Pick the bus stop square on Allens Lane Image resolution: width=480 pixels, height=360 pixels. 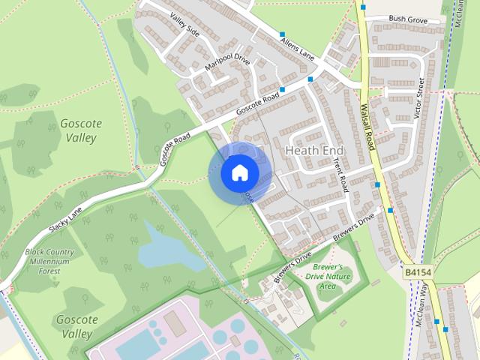click(x=283, y=34)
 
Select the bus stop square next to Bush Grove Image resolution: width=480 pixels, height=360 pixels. click(x=363, y=7)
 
